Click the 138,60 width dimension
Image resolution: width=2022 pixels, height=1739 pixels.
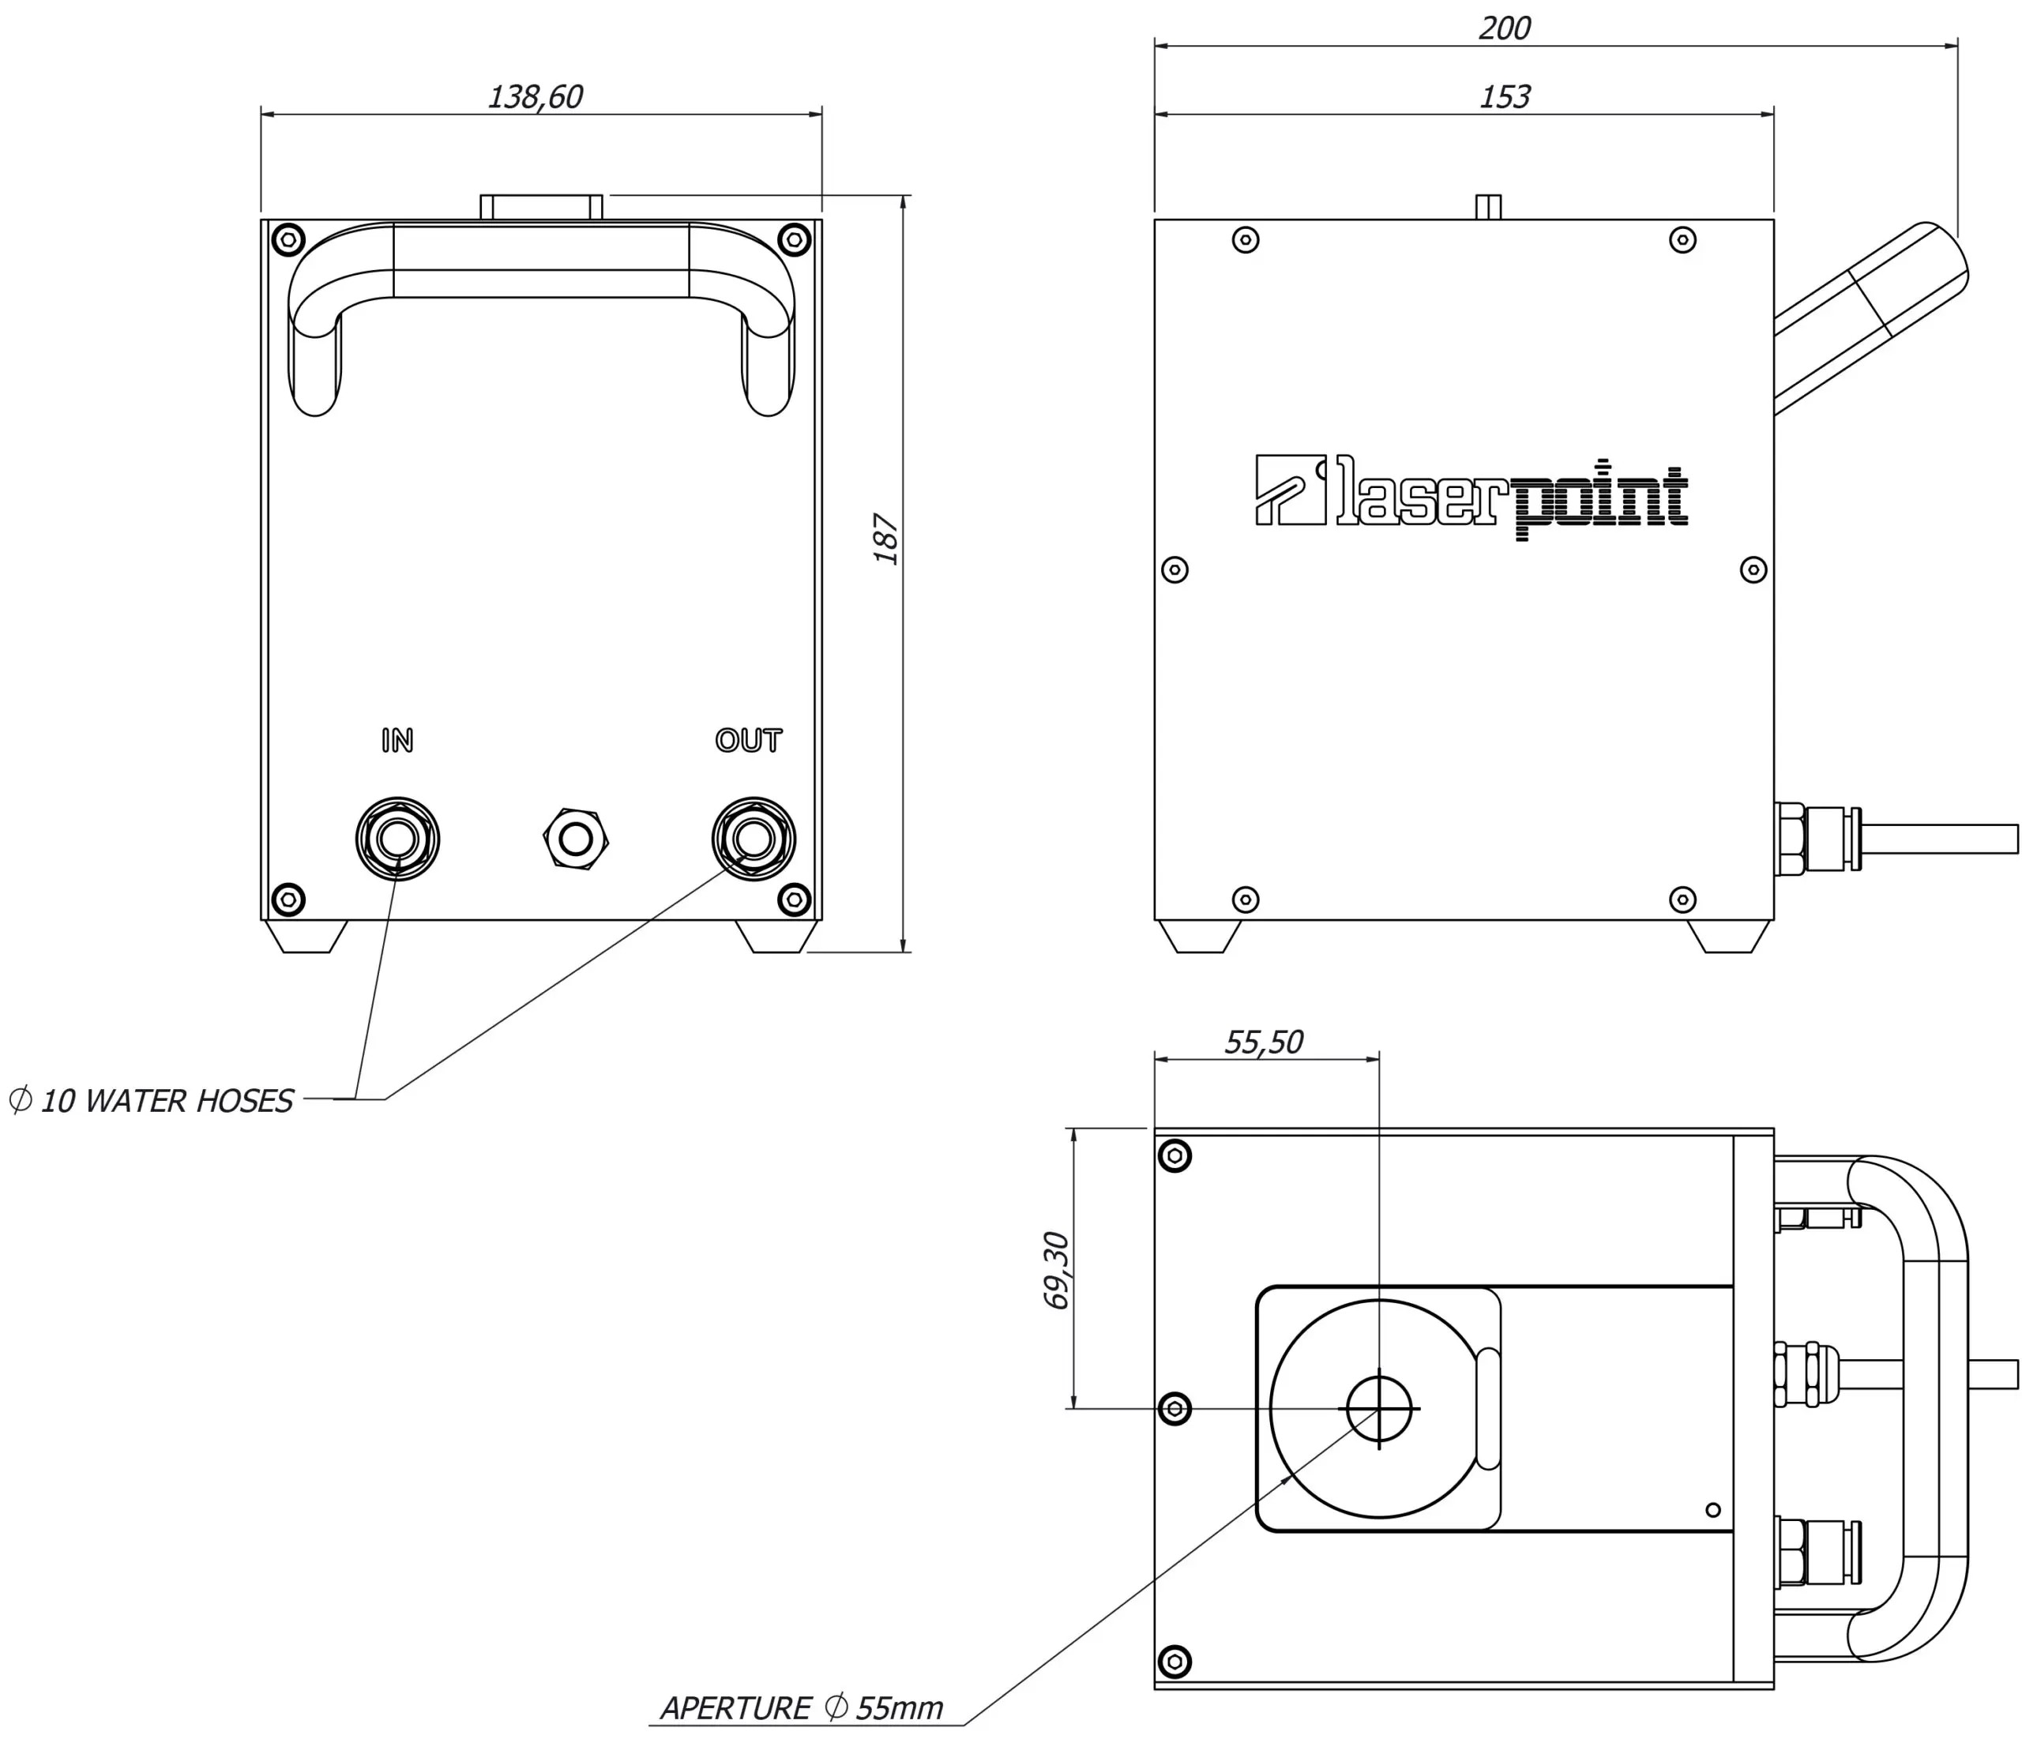pyautogui.click(x=535, y=96)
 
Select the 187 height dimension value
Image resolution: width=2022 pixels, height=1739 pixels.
pyautogui.click(x=886, y=539)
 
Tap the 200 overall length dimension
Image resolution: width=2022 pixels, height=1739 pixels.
pyautogui.click(x=1504, y=28)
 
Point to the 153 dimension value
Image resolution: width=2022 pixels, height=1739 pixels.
pyautogui.click(x=1504, y=96)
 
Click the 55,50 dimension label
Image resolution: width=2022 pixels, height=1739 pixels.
pyautogui.click(x=1264, y=1042)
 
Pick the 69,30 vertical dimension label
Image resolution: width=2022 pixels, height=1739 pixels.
pyautogui.click(x=1057, y=1270)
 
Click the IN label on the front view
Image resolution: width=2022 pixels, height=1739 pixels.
pyautogui.click(x=397, y=741)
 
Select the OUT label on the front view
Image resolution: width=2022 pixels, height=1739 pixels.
pyautogui.click(x=749, y=741)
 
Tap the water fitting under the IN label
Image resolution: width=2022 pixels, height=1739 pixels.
pyautogui.click(x=397, y=838)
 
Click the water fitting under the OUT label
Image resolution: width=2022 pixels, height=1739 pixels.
pyautogui.click(x=754, y=838)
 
